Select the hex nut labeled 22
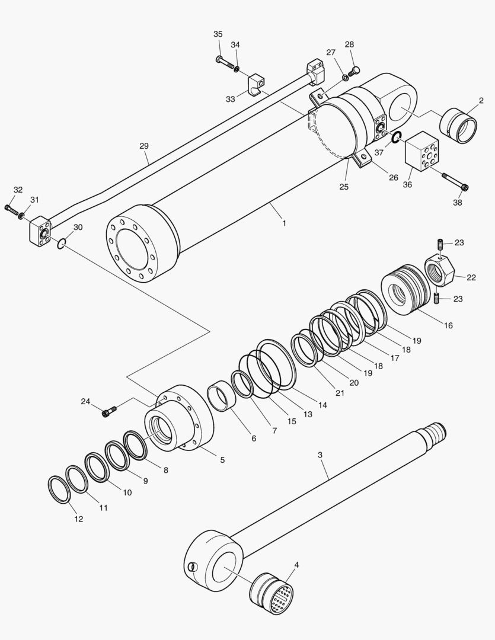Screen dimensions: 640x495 pos(439,270)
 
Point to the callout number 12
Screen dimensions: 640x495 pos(78,519)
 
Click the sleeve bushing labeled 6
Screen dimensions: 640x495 pos(222,395)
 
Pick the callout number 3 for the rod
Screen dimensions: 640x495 pos(320,455)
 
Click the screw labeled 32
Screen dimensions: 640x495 pos(11,209)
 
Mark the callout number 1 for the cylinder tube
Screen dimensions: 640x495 pos(284,223)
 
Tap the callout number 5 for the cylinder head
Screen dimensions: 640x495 pos(222,460)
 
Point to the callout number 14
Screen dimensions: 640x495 pos(322,405)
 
